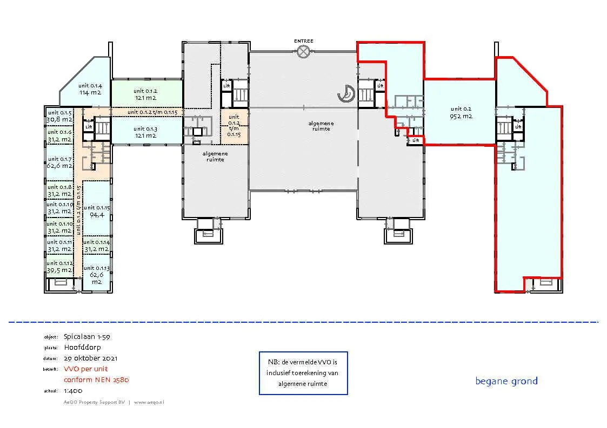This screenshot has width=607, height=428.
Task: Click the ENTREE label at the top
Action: pyautogui.click(x=303, y=41)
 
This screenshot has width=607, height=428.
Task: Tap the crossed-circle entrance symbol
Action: pyautogui.click(x=303, y=51)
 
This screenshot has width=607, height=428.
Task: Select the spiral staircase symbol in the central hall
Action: pyautogui.click(x=345, y=94)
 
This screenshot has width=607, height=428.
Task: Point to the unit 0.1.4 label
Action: pyautogui.click(x=90, y=85)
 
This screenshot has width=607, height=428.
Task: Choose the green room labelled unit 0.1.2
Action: pyautogui.click(x=145, y=94)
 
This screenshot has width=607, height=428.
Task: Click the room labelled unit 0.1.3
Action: pyautogui.click(x=145, y=132)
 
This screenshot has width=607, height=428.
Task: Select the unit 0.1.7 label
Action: pyautogui.click(x=59, y=159)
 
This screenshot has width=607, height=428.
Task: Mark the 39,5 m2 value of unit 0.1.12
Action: pyautogui.click(x=59, y=270)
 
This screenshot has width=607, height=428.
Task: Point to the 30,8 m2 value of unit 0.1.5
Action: pyautogui.click(x=59, y=119)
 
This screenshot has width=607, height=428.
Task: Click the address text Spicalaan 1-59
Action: pyautogui.click(x=87, y=336)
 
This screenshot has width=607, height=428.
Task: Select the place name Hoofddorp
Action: pyautogui.click(x=82, y=347)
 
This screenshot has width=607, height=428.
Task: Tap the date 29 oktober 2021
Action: pyautogui.click(x=90, y=358)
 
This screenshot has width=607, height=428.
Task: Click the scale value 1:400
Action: pyautogui.click(x=73, y=390)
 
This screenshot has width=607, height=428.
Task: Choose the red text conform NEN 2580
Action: pyautogui.click(x=96, y=379)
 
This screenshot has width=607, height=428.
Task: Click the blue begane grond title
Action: pyautogui.click(x=506, y=381)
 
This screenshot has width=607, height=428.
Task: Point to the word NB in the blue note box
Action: pyautogui.click(x=272, y=362)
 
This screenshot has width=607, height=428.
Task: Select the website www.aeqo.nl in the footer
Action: pyautogui.click(x=149, y=402)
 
